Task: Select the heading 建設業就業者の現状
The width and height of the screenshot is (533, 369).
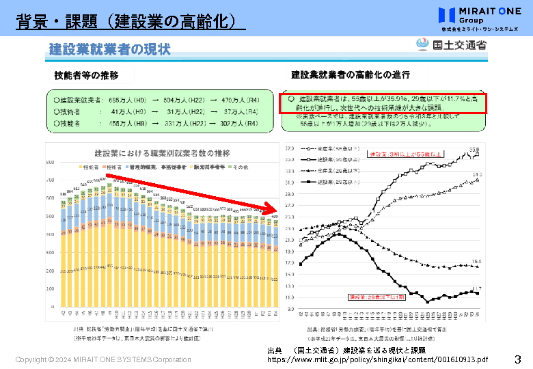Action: (109, 49)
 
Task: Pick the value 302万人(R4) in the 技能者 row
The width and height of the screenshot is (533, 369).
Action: (239, 124)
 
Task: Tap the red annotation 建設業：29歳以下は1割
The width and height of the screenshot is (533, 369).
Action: (368, 297)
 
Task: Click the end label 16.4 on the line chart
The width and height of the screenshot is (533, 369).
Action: (476, 262)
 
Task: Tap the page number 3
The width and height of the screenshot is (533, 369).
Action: (517, 359)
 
